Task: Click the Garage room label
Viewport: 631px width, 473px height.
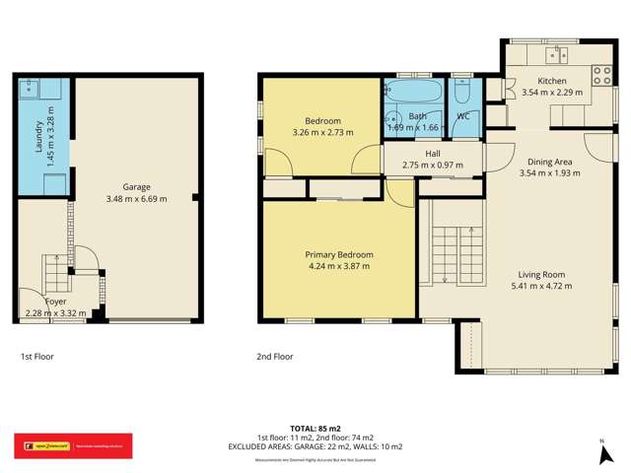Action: pos(137,186)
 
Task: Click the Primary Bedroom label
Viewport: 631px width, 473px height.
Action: pos(338,254)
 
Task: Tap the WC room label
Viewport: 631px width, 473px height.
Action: pos(462,116)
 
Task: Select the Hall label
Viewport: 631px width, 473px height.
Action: pos(433,154)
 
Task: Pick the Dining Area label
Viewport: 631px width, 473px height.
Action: pos(550,162)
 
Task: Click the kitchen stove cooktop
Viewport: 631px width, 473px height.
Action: pos(600,72)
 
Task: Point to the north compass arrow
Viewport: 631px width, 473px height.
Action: pos(602,452)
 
